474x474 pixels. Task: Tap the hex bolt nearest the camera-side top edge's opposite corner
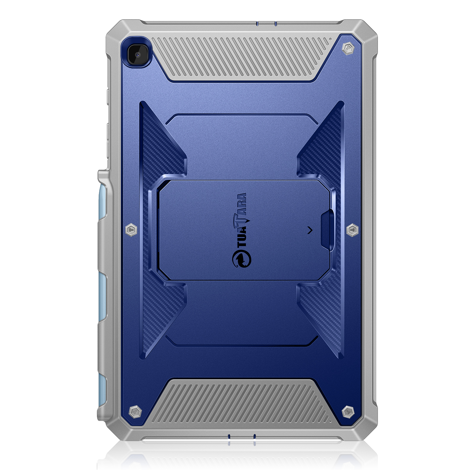tap(348, 48)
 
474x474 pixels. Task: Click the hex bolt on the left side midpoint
tap(131, 230)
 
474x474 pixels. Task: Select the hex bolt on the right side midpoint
tap(352, 230)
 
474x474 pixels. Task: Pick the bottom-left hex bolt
tap(135, 412)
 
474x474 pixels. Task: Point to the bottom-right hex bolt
tap(348, 412)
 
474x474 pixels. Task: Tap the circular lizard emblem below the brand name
tap(242, 259)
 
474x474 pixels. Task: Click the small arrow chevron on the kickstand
tap(310, 230)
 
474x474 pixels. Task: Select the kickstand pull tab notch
tap(327, 230)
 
